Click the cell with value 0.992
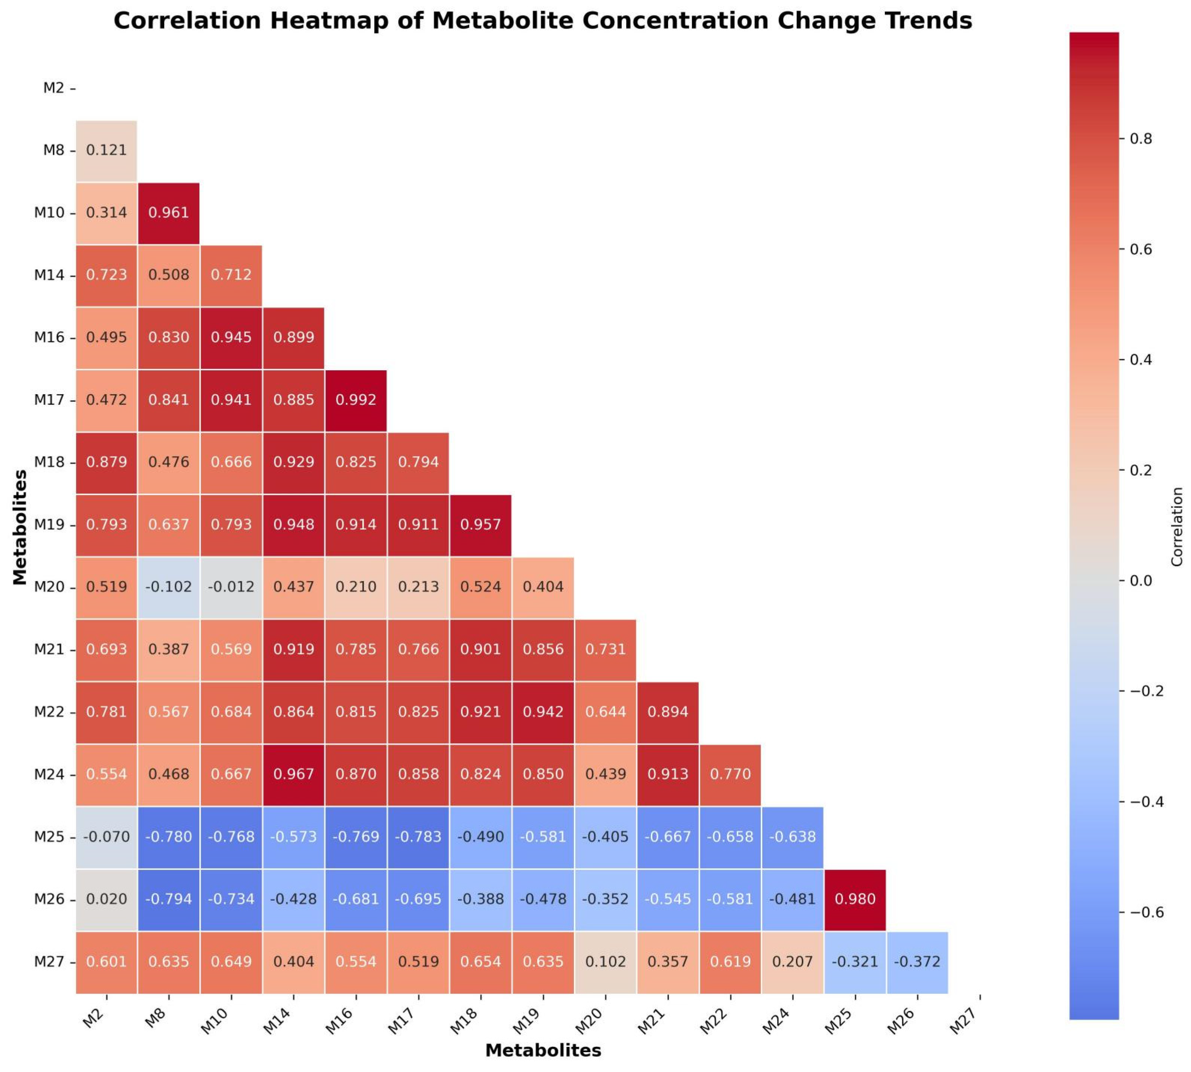pos(356,400)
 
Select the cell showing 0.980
pos(855,900)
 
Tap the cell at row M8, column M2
pos(107,150)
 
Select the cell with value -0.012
pos(231,587)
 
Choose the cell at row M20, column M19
pos(543,587)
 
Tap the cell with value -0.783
pos(418,837)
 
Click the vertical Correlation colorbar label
pos(1177,527)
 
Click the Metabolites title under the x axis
pos(543,1051)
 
